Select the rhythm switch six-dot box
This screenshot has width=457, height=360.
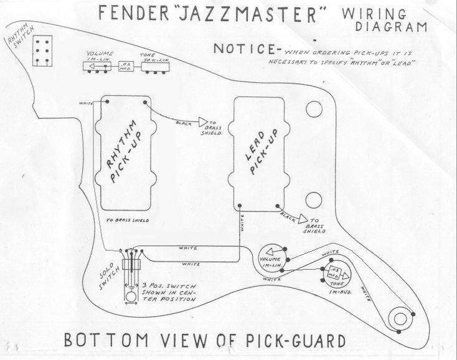pyautogui.click(x=43, y=48)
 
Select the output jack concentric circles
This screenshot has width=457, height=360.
pyautogui.click(x=399, y=318)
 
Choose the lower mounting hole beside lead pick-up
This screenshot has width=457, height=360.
pyautogui.click(x=314, y=199)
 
